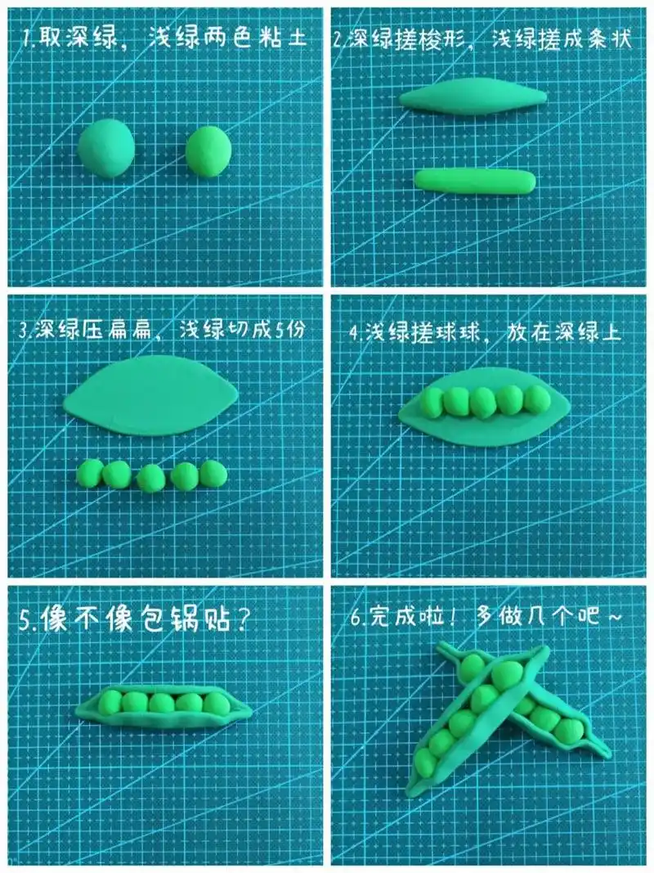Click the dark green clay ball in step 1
[x=106, y=147]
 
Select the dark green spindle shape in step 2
[x=473, y=98]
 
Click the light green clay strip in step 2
[x=474, y=180]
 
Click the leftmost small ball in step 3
[x=89, y=472]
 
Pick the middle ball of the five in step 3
[x=150, y=478]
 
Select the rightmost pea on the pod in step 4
[x=536, y=398]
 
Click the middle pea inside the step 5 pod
[x=162, y=703]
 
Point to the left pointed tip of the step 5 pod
[x=79, y=710]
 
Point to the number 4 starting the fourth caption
[x=352, y=333]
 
